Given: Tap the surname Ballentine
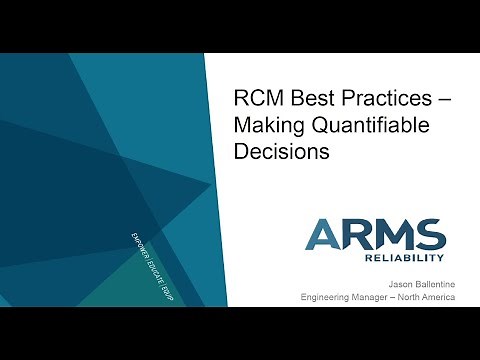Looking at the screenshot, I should [x=430, y=283].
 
